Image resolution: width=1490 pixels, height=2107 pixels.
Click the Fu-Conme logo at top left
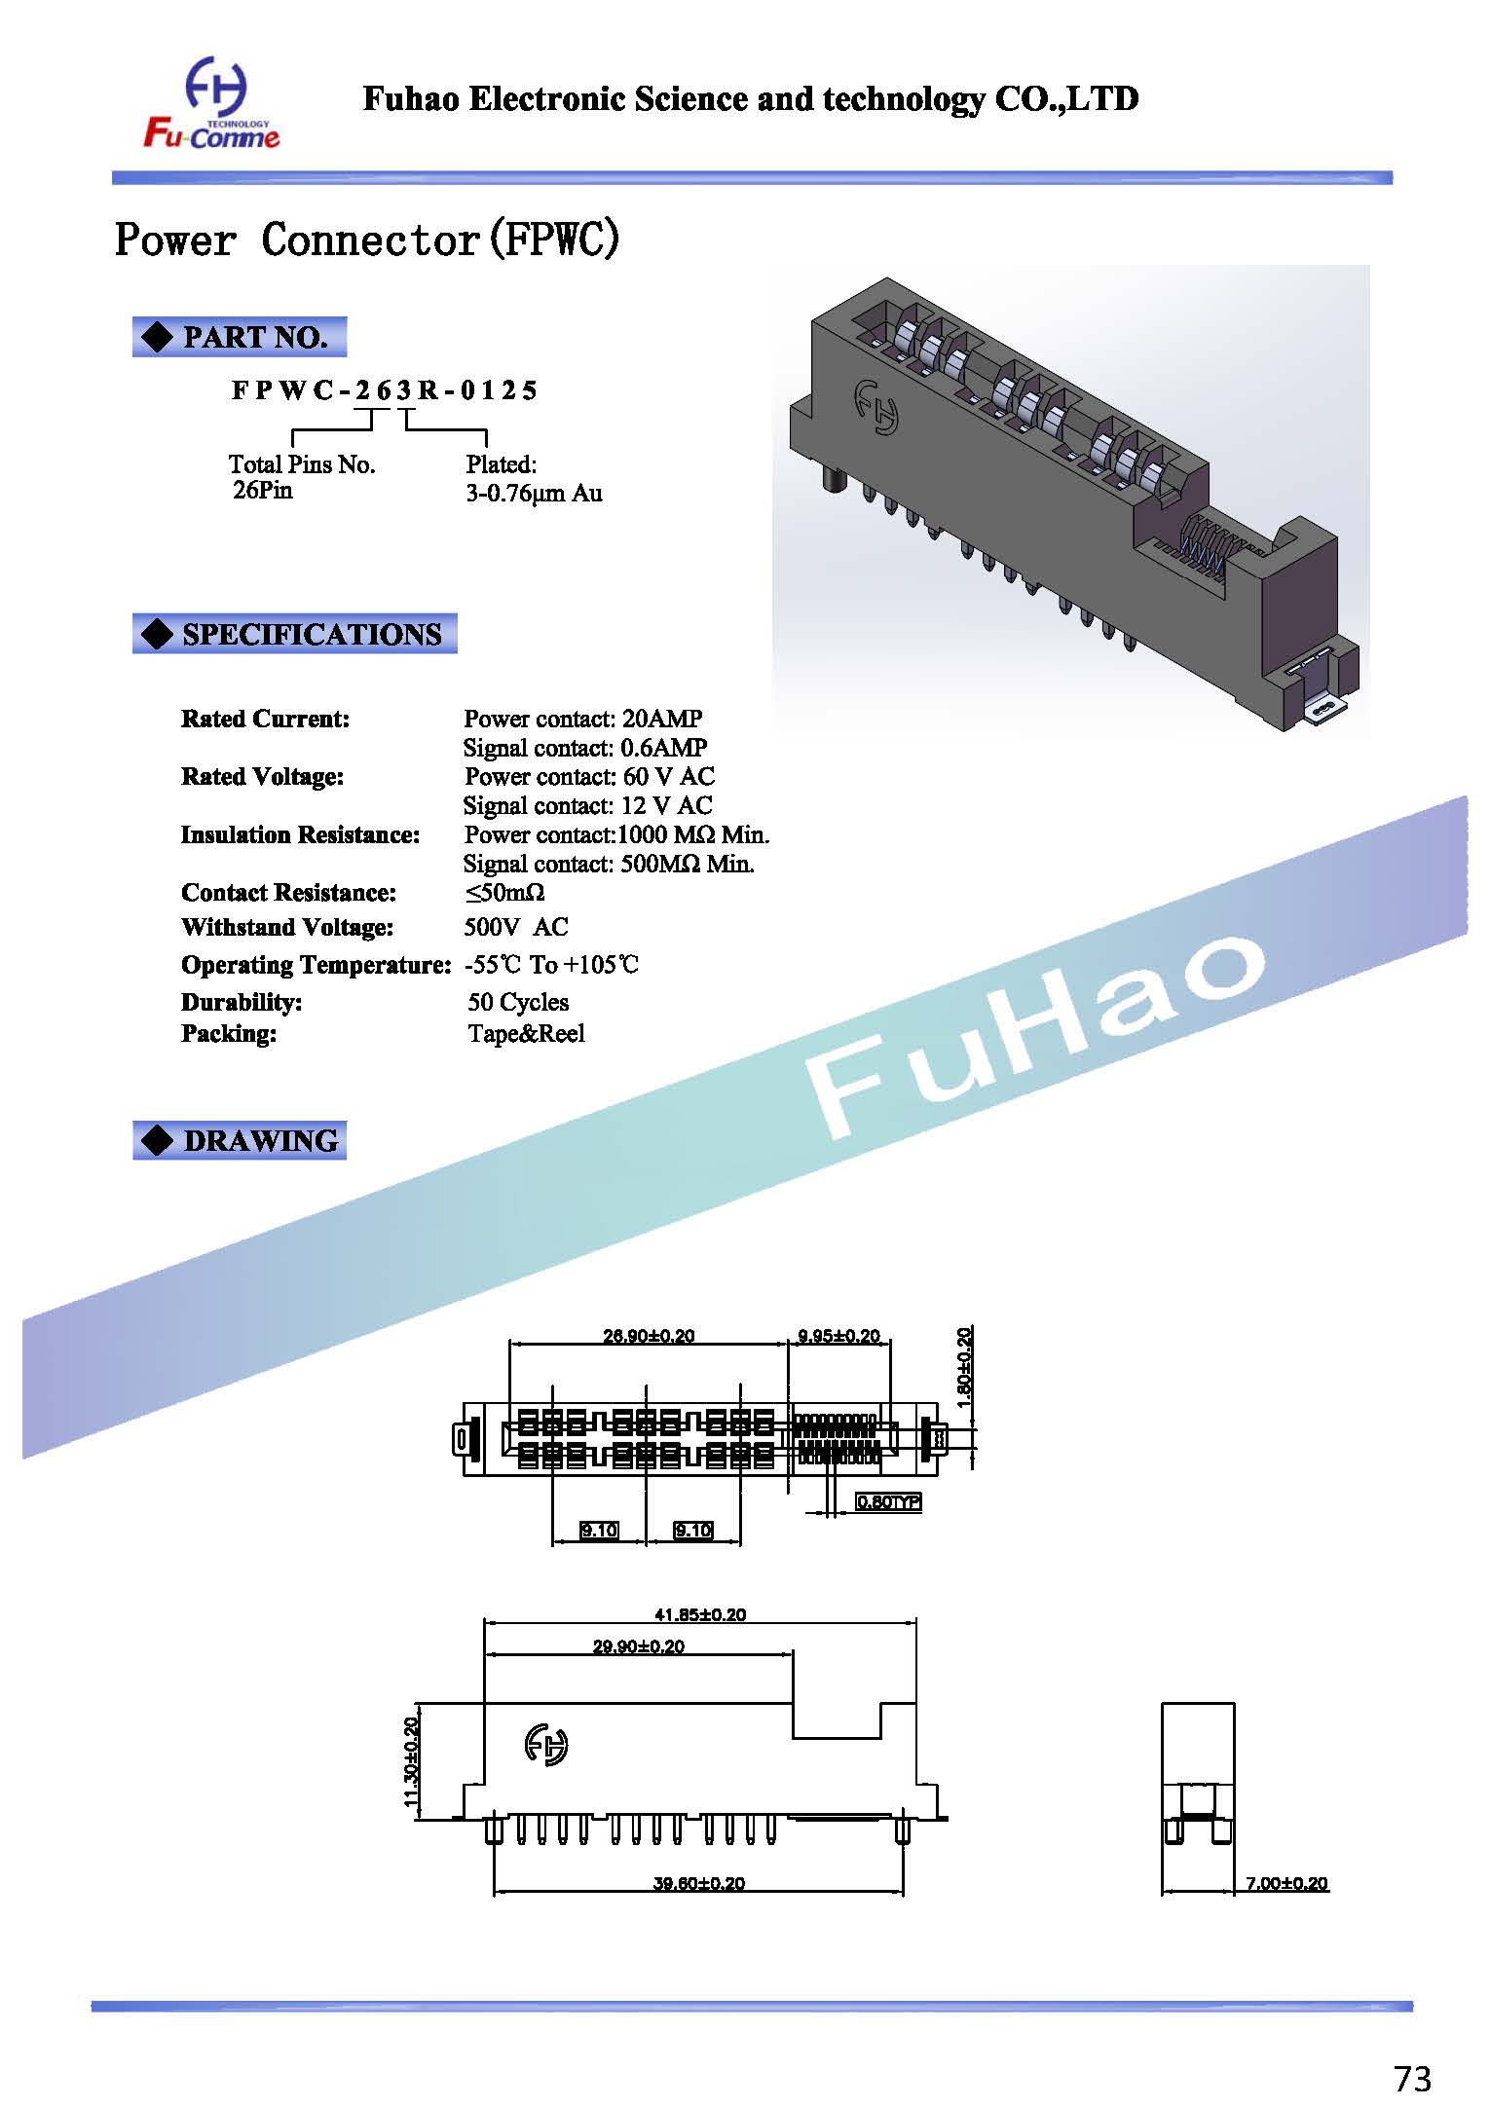click(211, 105)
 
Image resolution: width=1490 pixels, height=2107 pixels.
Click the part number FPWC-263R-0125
click(384, 390)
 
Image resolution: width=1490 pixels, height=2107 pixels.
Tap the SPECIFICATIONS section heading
click(295, 634)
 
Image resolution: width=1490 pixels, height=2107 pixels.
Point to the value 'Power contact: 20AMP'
click(582, 719)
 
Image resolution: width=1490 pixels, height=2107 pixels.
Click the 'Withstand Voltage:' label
click(287, 927)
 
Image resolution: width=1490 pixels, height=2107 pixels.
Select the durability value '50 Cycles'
click(518, 1002)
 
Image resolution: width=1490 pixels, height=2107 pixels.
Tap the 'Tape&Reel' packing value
click(526, 1033)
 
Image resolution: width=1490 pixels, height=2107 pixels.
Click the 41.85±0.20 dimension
click(699, 1614)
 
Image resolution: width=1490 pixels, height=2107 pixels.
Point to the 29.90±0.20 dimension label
click(638, 1646)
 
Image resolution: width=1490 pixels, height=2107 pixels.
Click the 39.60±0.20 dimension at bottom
click(698, 1883)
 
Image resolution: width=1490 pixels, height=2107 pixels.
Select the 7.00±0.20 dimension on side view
click(1285, 1883)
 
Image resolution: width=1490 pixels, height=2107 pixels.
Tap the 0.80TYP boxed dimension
click(887, 1501)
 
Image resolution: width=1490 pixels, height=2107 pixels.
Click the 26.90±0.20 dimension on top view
click(649, 1336)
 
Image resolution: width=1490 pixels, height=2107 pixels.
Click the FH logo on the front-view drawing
click(546, 1744)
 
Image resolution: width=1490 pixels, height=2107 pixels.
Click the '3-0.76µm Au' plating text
click(534, 493)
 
